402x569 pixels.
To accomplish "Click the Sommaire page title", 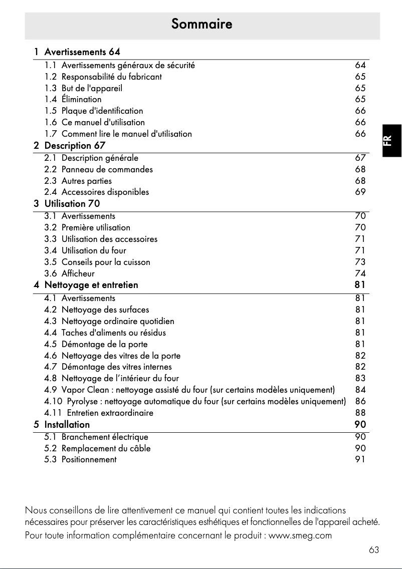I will pyautogui.click(x=202, y=24).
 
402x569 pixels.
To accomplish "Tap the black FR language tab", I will pyautogui.click(x=391, y=140).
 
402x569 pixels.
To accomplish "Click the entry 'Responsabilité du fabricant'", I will pyautogui.click(x=111, y=77).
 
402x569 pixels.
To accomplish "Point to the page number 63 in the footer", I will pyautogui.click(x=373, y=550).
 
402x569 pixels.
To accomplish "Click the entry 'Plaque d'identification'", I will pyautogui.click(x=102, y=111).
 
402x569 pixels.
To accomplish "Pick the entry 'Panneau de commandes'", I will pyautogui.click(x=107, y=169).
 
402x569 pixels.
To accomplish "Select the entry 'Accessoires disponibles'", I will pyautogui.click(x=105, y=192).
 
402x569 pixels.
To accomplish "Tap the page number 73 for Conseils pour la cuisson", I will pyautogui.click(x=360, y=262).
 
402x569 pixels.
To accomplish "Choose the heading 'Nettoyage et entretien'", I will pyautogui.click(x=91, y=286).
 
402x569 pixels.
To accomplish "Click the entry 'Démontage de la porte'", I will pyautogui.click(x=104, y=344).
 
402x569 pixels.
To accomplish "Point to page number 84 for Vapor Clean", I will pyautogui.click(x=360, y=390).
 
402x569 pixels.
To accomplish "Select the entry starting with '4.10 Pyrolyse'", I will pyautogui.click(x=195, y=401).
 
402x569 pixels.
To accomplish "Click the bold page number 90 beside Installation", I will pyautogui.click(x=360, y=425).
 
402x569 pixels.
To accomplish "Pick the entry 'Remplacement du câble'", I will pyautogui.click(x=106, y=448).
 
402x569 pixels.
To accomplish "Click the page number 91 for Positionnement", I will pyautogui.click(x=360, y=459).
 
